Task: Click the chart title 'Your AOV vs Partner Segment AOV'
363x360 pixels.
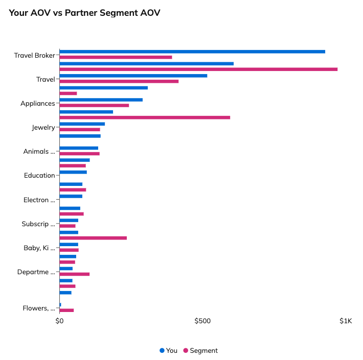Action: pyautogui.click(x=84, y=13)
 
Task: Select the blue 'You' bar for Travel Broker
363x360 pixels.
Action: pyautogui.click(x=192, y=52)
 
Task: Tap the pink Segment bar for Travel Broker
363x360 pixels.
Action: pyautogui.click(x=116, y=57)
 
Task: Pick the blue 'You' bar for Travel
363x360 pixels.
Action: pyautogui.click(x=133, y=76)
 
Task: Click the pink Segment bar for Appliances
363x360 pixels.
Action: pyautogui.click(x=94, y=105)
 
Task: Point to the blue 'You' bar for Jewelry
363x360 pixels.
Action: pyautogui.click(x=82, y=124)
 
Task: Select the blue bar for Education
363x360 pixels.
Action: pyautogui.click(x=73, y=172)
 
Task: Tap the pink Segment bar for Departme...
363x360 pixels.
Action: pyautogui.click(x=74, y=274)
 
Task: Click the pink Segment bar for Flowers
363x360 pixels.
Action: pyautogui.click(x=66, y=310)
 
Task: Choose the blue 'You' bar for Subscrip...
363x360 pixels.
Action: pyautogui.click(x=69, y=221)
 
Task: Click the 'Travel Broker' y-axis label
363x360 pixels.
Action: pyautogui.click(x=34, y=55)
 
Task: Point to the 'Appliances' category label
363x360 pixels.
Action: pyautogui.click(x=37, y=103)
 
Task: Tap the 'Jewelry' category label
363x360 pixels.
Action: pyautogui.click(x=43, y=127)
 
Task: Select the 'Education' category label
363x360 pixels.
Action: pyautogui.click(x=39, y=175)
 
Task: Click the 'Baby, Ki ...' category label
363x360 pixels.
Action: pyautogui.click(x=39, y=248)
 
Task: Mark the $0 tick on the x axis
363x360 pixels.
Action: pyautogui.click(x=59, y=321)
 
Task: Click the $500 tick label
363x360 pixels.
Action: pyautogui.click(x=202, y=321)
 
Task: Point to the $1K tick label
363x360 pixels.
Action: pyautogui.click(x=346, y=321)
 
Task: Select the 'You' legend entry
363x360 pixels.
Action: pyautogui.click(x=169, y=350)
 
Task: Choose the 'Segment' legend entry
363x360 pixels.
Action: pyautogui.click(x=200, y=350)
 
